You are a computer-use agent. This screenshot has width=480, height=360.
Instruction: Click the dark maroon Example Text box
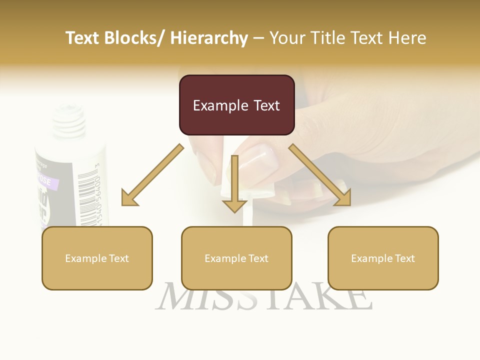coord(236,105)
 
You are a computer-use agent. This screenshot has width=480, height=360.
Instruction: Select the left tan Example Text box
coord(97,258)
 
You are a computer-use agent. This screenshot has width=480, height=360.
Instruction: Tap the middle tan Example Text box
coord(236,258)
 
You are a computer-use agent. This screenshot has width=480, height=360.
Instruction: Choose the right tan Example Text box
coord(383,258)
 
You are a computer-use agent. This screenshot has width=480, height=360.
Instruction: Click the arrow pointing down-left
coord(150,177)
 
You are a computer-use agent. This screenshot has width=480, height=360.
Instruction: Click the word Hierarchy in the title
coord(209,38)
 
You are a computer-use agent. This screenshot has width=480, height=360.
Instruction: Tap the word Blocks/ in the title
coord(133,38)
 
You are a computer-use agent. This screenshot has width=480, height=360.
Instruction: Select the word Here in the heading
coord(407,38)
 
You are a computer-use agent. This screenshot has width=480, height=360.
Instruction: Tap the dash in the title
coord(258,38)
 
